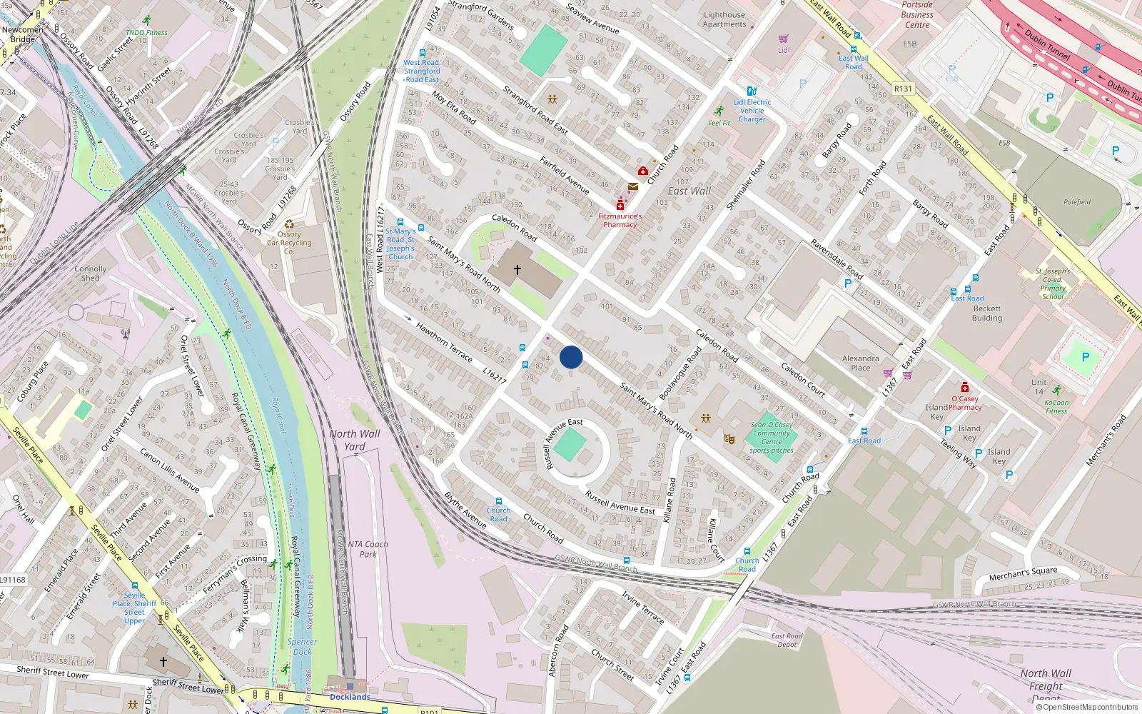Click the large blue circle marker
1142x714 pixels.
pos(571,357)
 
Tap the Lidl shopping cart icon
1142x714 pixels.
pos(783,39)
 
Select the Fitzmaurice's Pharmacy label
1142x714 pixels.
pos(620,220)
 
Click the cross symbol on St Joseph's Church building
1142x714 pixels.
pos(517,270)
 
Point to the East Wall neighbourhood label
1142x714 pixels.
pos(689,191)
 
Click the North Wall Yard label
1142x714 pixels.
pos(355,440)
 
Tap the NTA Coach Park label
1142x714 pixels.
pos(368,549)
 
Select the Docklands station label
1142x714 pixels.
pos(350,697)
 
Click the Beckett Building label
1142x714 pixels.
pos(987,313)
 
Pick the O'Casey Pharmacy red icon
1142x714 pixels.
pos(965,388)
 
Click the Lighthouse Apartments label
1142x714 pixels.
pos(724,19)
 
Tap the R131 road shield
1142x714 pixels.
pos(903,89)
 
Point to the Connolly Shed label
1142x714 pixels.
pos(91,273)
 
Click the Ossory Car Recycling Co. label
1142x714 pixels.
pos(289,243)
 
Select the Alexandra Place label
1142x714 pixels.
pos(860,363)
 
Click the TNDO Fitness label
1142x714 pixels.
pos(146,32)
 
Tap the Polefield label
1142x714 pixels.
pos(1077,202)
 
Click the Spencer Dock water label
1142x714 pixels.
pos(302,646)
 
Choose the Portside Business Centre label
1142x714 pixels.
pos(917,14)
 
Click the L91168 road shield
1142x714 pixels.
pos(13,580)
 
